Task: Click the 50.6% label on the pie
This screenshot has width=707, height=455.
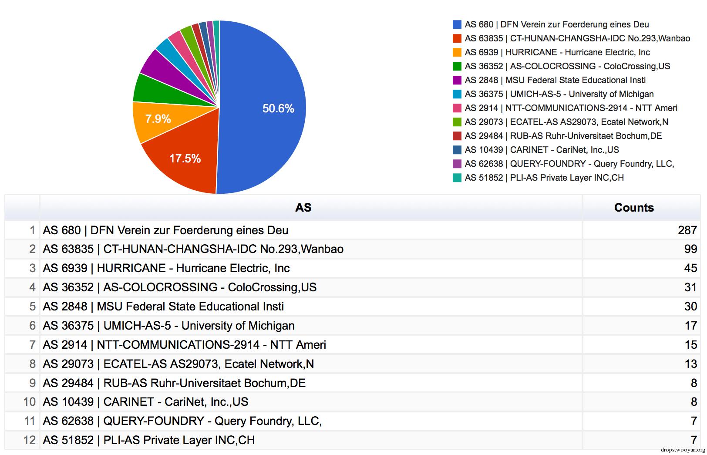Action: (278, 108)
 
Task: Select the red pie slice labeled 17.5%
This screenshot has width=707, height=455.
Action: (185, 158)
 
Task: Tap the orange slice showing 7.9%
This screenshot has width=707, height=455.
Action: (158, 119)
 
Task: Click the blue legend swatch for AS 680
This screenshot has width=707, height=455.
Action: (457, 24)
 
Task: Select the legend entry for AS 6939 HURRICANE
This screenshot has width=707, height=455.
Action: (557, 52)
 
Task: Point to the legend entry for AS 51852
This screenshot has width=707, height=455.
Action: (544, 178)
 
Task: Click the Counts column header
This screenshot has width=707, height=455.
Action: (634, 208)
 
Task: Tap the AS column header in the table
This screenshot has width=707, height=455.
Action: (303, 208)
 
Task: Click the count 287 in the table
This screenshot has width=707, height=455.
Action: (687, 230)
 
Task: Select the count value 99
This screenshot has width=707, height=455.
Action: (690, 249)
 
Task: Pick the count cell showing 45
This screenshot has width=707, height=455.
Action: (690, 268)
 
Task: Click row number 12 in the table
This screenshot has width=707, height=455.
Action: (29, 440)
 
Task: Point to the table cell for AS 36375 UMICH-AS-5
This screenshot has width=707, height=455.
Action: (168, 326)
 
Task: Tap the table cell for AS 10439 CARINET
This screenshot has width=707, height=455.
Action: (145, 402)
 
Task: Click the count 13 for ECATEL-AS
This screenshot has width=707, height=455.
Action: (690, 364)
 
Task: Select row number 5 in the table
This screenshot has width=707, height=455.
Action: (32, 307)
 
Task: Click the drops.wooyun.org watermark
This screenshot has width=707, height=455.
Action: (682, 450)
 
